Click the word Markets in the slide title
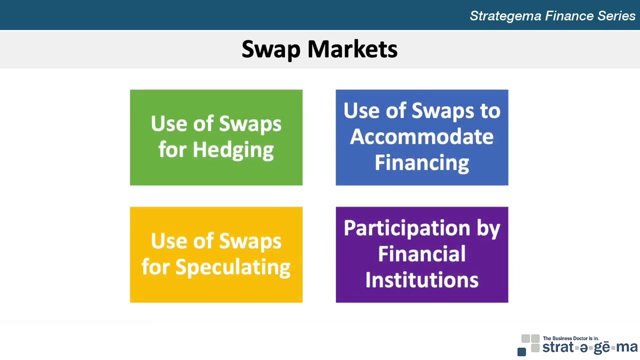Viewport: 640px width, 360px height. click(x=352, y=49)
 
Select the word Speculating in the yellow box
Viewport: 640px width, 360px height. click(x=232, y=267)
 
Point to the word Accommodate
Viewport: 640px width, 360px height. click(x=421, y=136)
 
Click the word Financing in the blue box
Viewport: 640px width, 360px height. click(x=421, y=162)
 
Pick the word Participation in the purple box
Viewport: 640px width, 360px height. click(x=407, y=228)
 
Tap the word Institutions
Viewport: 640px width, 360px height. click(x=421, y=280)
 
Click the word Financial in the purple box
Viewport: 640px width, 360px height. click(x=421, y=254)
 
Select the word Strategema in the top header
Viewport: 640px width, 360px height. click(x=505, y=16)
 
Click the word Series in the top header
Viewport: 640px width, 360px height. click(x=616, y=16)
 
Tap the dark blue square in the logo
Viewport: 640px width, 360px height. click(x=521, y=352)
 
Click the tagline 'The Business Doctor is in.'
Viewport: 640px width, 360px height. click(x=570, y=338)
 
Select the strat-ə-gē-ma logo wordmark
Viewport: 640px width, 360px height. click(x=589, y=347)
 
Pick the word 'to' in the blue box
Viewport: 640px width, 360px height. click(x=490, y=110)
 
